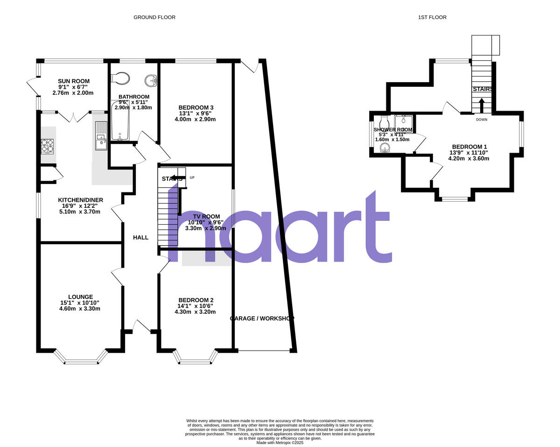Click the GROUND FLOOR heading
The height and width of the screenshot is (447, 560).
154,17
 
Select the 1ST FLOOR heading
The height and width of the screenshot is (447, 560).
433,17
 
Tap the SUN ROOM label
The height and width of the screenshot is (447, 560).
74,81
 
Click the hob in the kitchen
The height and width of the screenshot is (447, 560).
48,146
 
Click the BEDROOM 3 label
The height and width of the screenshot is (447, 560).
196,107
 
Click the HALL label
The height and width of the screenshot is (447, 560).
140,237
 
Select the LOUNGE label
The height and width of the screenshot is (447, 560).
80,297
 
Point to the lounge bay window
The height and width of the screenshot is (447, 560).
81,360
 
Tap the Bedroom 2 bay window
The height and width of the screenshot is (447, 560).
195,360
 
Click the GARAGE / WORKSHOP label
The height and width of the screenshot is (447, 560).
262,319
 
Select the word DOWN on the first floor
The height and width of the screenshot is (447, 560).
482,120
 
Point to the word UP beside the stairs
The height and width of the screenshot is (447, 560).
192,177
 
